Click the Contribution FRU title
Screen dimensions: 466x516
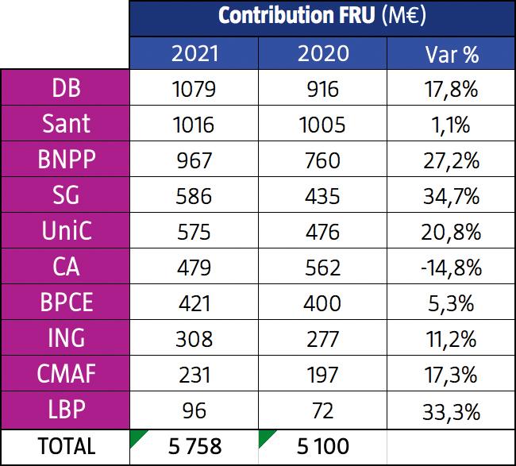[322, 17]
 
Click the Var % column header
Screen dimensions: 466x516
[450, 53]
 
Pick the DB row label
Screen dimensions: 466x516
[65, 88]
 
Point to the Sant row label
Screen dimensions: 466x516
[65, 125]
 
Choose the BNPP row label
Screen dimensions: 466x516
[65, 160]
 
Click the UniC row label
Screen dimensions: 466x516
[65, 232]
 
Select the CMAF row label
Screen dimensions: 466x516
[65, 375]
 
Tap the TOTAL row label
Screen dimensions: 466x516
[65, 447]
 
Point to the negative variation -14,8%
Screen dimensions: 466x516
[450, 268]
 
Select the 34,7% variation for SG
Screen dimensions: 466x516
[450, 196]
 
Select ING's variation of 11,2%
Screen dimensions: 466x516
[450, 339]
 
